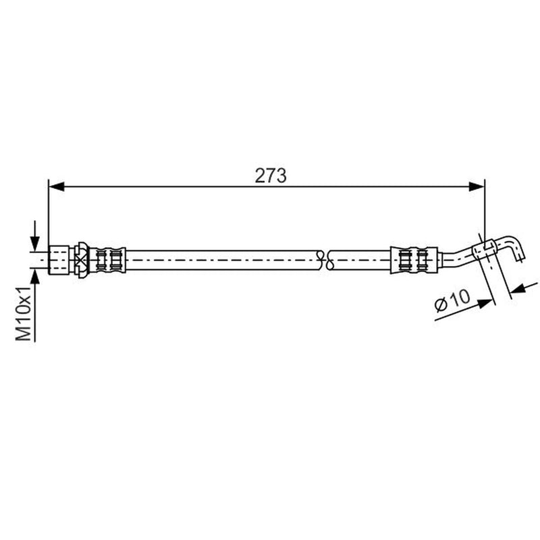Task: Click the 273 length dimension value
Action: pyautogui.click(x=271, y=175)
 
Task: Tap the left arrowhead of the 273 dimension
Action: pyautogui.click(x=57, y=187)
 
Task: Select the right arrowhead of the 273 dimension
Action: pyautogui.click(x=477, y=187)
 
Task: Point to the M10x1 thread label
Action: pyautogui.click(x=24, y=313)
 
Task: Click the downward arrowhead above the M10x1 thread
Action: pyautogui.click(x=35, y=244)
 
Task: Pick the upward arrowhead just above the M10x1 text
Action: pyautogui.click(x=35, y=277)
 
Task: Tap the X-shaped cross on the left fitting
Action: pyautogui.click(x=81, y=260)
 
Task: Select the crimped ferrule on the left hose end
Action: pyautogui.click(x=107, y=260)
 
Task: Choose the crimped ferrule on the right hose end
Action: pyautogui.click(x=414, y=260)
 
